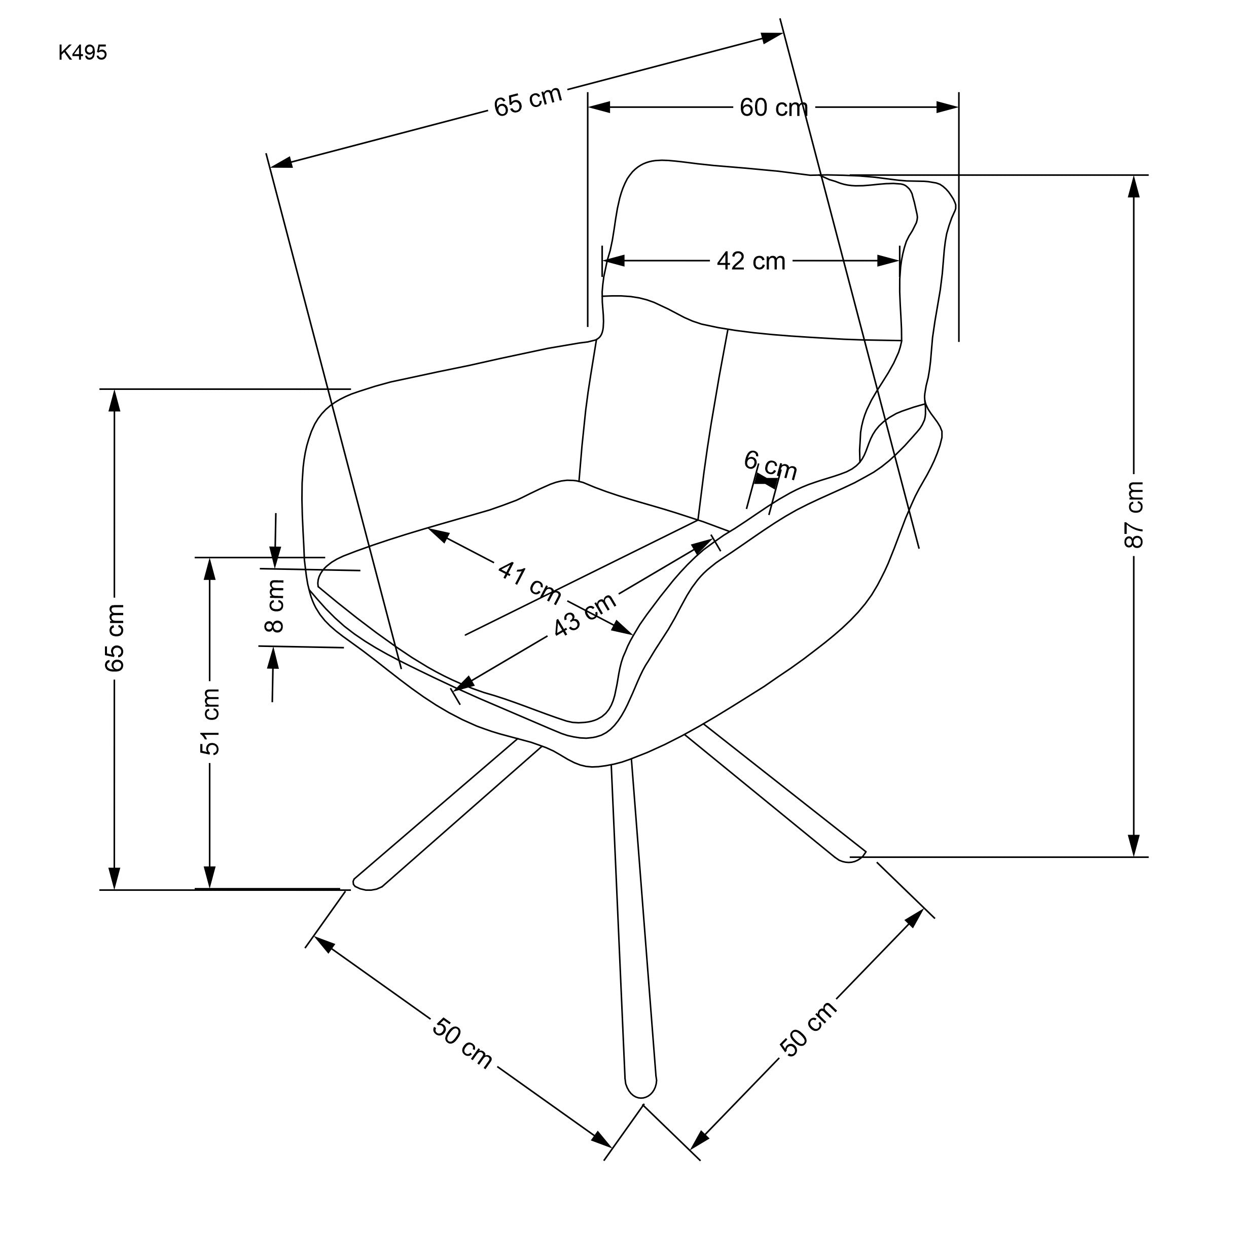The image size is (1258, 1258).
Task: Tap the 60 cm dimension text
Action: [773, 108]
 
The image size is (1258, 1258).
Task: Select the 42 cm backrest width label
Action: [751, 262]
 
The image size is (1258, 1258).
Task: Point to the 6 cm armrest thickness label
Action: [770, 465]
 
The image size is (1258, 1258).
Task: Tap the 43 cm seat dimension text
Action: [584, 615]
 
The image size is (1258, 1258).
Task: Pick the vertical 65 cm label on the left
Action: [115, 638]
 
